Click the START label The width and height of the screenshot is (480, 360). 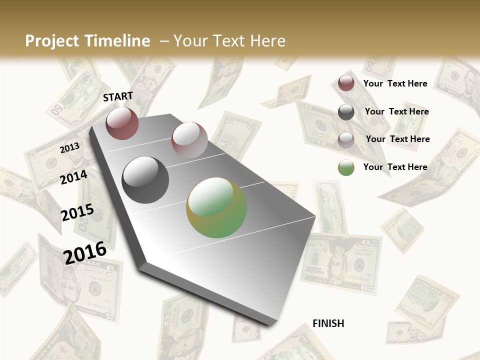point(118,96)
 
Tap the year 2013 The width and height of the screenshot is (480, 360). point(69,148)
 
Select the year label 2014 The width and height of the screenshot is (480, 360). point(73,177)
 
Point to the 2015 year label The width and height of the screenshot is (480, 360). point(77,212)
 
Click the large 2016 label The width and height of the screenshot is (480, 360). point(85,252)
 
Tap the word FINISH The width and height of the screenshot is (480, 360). point(328,323)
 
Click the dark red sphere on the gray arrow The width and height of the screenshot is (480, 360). point(122,123)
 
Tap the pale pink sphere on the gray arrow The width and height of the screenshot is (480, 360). point(189,139)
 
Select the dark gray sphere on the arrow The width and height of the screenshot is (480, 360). point(145,179)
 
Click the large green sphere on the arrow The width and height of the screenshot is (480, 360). point(216,207)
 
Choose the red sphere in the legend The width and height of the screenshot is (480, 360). point(346,83)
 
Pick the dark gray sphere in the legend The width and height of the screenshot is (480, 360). point(346,112)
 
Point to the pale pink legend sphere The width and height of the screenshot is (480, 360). point(346,139)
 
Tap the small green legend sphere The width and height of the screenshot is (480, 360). point(346,167)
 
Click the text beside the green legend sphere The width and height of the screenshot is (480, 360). point(395,167)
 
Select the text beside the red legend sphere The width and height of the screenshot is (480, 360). point(395,83)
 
